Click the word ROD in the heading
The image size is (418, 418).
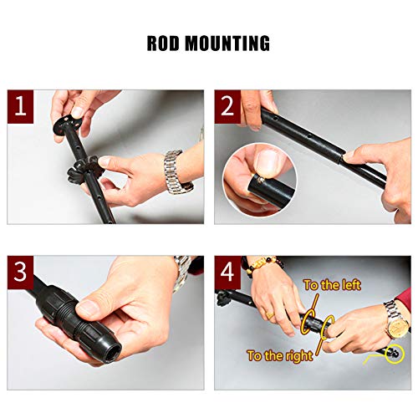(x=163, y=43)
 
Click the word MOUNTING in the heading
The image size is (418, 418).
(x=227, y=43)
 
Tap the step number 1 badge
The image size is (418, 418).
(x=20, y=106)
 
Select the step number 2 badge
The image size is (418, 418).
(x=227, y=106)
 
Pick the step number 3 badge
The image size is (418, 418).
(x=20, y=273)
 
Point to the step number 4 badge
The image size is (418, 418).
(x=227, y=273)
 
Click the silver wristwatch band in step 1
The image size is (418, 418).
(x=176, y=172)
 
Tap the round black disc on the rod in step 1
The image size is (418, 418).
(x=66, y=125)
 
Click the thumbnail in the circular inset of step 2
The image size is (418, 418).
(x=267, y=164)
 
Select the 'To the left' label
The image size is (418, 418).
(x=332, y=285)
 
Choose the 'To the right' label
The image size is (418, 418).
(x=280, y=356)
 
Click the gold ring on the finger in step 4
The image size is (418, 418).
(x=270, y=315)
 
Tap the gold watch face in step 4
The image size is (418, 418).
(x=398, y=324)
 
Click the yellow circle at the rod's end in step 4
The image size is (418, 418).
(x=394, y=354)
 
